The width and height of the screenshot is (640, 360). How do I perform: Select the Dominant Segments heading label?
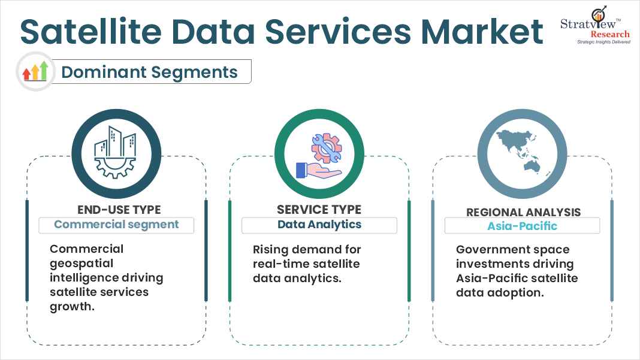149,72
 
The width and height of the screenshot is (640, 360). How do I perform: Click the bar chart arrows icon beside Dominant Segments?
35,71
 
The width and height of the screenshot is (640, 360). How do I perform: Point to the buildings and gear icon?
117,153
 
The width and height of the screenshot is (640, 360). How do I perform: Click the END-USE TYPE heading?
119,210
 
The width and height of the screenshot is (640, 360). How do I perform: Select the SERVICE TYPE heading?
319,210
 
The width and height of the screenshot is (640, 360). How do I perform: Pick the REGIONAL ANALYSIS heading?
523,212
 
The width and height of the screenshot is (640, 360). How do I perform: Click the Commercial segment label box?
117,225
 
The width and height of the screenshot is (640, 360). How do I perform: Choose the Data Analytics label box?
319,225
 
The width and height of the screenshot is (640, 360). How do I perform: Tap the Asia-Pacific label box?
522,226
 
